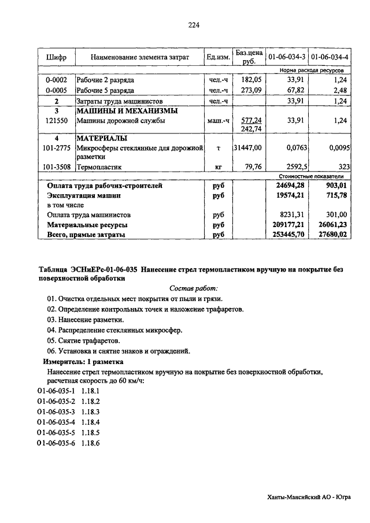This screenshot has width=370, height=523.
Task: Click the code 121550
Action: click(57, 121)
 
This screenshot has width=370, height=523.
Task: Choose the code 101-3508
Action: click(57, 167)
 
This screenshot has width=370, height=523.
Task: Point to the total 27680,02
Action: click(331, 235)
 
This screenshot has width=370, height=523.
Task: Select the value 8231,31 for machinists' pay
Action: click(291, 214)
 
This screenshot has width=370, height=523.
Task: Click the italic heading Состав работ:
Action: click(194, 288)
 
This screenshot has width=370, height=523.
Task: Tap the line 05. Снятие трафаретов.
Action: click(87, 340)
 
